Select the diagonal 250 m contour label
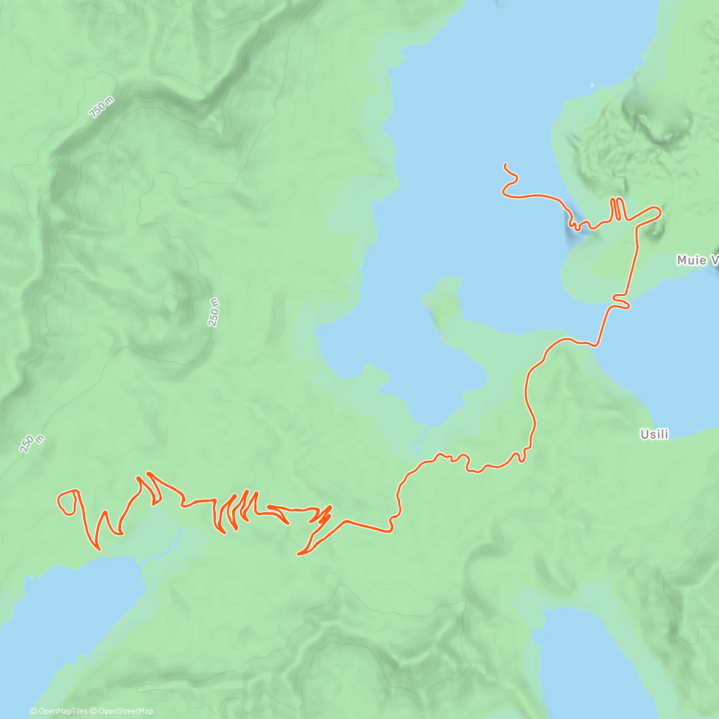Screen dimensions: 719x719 click(x=32, y=443)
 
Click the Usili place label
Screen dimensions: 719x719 click(x=654, y=434)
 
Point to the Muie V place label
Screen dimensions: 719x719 click(x=697, y=260)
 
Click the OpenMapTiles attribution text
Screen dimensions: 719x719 click(x=59, y=711)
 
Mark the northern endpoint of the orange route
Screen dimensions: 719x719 click(x=506, y=164)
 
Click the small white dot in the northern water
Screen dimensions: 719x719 click(x=592, y=85)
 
